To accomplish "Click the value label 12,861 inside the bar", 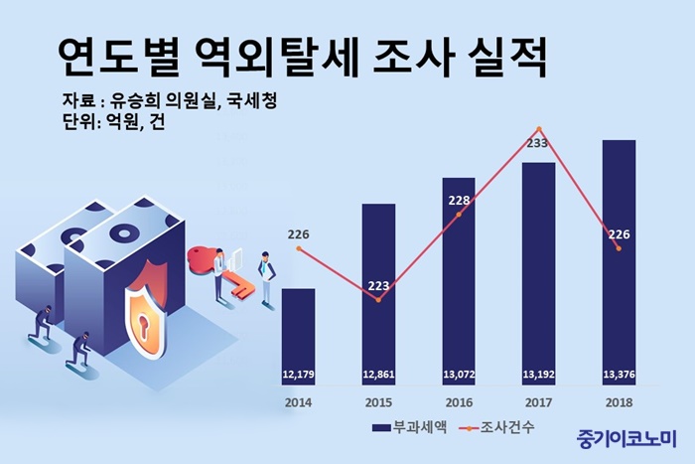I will coord(378,374).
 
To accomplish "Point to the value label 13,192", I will coord(538,374).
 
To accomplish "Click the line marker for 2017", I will coord(538,129).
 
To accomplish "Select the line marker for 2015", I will coord(378,299).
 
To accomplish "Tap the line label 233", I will coord(536,144).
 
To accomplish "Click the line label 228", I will coord(459,200).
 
